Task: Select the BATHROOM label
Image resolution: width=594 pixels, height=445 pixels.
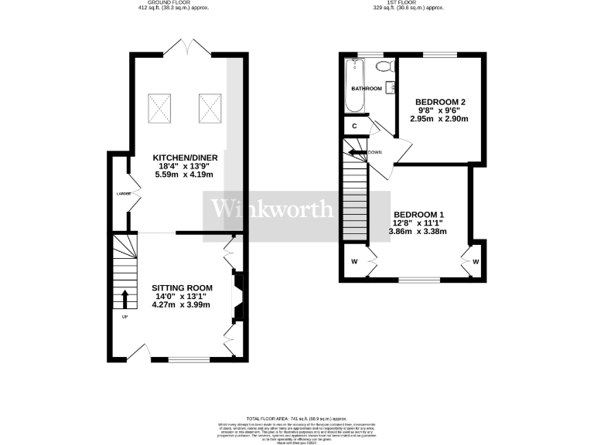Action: pyautogui.click(x=367, y=89)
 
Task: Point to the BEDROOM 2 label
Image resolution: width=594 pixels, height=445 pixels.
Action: pyautogui.click(x=440, y=102)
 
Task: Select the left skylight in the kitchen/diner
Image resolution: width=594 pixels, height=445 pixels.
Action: pyautogui.click(x=160, y=108)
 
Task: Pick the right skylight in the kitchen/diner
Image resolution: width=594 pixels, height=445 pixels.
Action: pyautogui.click(x=210, y=108)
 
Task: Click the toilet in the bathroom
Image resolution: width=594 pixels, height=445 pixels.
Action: pyautogui.click(x=381, y=66)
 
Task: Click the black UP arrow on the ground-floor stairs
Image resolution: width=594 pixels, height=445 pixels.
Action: pyautogui.click(x=125, y=299)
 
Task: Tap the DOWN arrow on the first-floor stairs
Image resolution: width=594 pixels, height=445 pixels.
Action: pyautogui.click(x=357, y=152)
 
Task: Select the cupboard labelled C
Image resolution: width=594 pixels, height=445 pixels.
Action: pyautogui.click(x=354, y=126)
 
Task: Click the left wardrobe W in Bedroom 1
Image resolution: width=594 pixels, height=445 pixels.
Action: pyautogui.click(x=353, y=261)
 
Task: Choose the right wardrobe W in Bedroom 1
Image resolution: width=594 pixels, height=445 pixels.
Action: pyautogui.click(x=476, y=261)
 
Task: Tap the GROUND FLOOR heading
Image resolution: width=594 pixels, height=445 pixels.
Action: pyautogui.click(x=159, y=3)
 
